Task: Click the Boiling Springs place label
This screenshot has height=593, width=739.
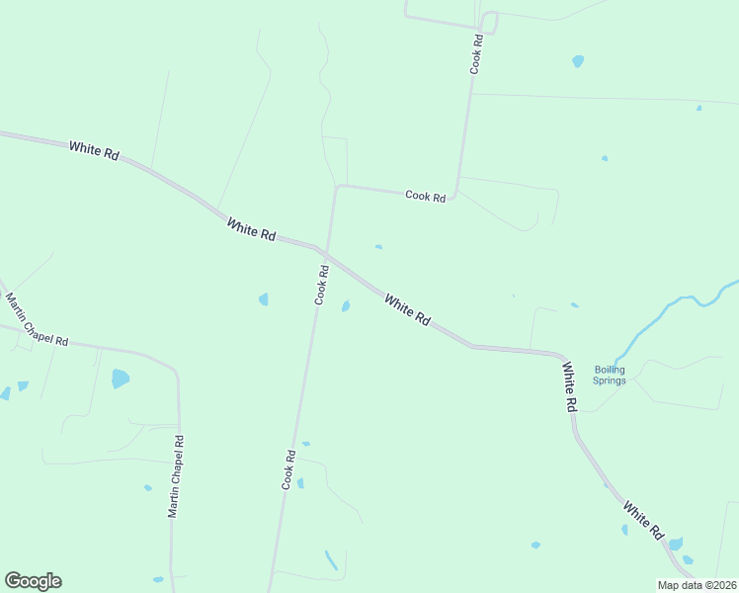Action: pos(610,375)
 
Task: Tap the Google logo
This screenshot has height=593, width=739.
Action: pos(33,581)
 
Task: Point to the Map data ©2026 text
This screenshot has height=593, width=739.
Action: pos(696,585)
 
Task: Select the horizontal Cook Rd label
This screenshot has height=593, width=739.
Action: pos(425,197)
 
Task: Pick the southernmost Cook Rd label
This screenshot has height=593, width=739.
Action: pos(289,469)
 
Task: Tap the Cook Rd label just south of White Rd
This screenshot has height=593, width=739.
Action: pos(321,285)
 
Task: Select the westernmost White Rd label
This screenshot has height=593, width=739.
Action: pos(95,151)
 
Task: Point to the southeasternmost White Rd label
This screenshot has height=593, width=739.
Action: pos(643,520)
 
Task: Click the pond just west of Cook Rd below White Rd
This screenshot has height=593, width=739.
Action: pos(263,298)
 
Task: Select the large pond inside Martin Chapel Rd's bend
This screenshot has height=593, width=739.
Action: pos(120,378)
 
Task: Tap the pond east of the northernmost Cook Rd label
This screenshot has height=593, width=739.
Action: pos(578,61)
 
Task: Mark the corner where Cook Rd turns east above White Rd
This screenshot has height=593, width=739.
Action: pos(338,186)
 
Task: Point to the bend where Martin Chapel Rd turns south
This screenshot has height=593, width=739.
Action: pos(174,370)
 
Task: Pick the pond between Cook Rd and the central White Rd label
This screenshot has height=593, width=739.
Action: pos(346,306)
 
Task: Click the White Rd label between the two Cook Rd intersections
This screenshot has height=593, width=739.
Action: pos(251,229)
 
